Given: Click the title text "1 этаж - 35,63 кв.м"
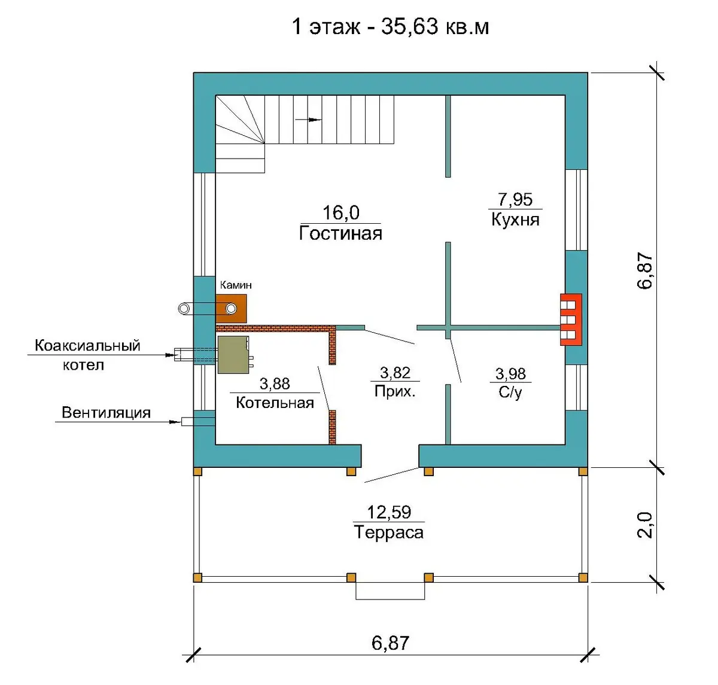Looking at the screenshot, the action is pyautogui.click(x=390, y=27).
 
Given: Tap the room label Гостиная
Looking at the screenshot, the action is pyautogui.click(x=340, y=233).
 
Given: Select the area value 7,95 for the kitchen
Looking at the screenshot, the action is pyautogui.click(x=515, y=199).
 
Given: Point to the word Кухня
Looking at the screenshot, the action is pyautogui.click(x=515, y=220).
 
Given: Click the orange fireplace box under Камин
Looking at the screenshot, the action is pyautogui.click(x=231, y=309).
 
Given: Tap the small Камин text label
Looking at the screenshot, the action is pyautogui.click(x=236, y=285).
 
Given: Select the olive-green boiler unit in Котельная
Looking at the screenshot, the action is pyautogui.click(x=234, y=355).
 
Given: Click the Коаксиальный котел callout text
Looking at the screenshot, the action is pyautogui.click(x=87, y=355).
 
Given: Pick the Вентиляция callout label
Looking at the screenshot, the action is pyautogui.click(x=106, y=413).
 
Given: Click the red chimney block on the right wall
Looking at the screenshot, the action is pyautogui.click(x=571, y=319).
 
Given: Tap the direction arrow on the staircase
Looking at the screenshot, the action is pyautogui.click(x=308, y=120).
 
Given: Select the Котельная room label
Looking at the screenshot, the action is pyautogui.click(x=275, y=403).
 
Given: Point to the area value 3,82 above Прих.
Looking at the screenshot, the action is pyautogui.click(x=395, y=373).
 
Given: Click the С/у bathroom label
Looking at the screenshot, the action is pyautogui.click(x=510, y=392).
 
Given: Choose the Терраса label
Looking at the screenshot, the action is pyautogui.click(x=388, y=532).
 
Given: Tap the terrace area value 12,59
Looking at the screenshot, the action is pyautogui.click(x=388, y=512).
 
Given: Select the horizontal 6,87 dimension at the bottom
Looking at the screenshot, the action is pyautogui.click(x=390, y=643).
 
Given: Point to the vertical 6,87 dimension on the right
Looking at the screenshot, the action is pyautogui.click(x=644, y=270).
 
